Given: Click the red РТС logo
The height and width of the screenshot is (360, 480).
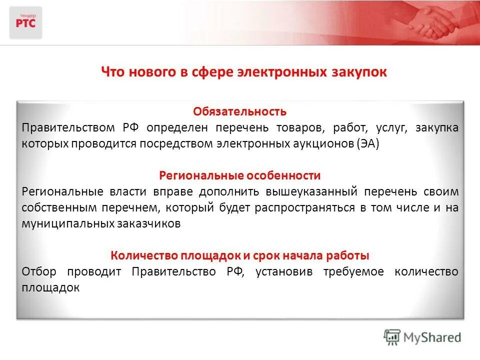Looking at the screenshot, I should (x=25, y=22).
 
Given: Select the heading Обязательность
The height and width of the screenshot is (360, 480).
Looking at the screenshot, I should (x=240, y=111).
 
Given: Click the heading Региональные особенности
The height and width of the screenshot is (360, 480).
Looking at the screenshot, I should (x=240, y=175).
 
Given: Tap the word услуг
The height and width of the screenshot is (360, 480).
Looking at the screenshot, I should (x=386, y=127).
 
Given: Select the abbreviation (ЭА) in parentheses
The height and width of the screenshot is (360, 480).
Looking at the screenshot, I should (x=368, y=143).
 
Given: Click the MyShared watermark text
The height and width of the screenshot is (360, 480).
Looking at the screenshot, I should (x=433, y=337).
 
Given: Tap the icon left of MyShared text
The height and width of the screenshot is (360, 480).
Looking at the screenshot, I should (x=392, y=336).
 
